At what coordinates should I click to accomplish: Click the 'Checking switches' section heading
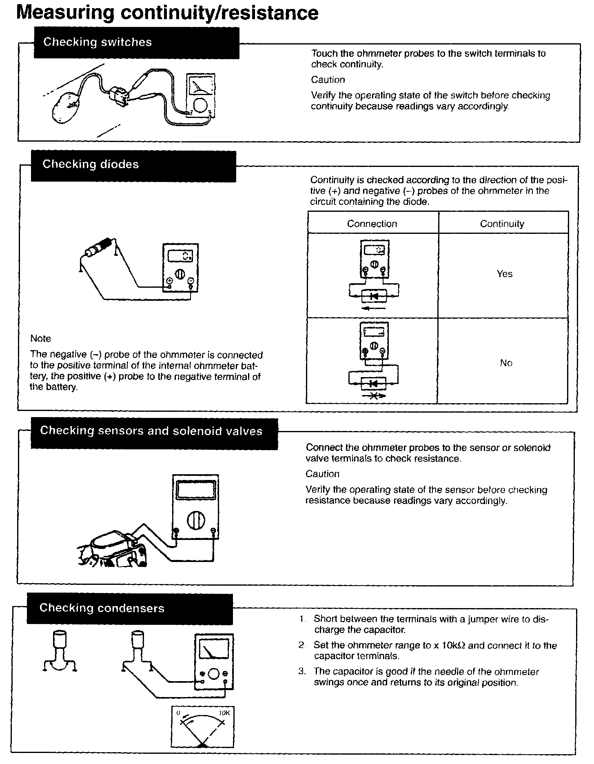(97, 42)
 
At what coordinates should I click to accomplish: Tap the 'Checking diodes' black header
(91, 164)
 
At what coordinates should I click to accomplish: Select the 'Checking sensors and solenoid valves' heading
(151, 431)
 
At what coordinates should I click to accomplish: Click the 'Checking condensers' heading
(102, 608)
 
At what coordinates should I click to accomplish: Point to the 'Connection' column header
(372, 224)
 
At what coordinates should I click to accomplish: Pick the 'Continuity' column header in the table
(502, 224)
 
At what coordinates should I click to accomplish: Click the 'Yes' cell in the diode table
(504, 274)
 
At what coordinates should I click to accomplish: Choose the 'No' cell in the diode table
(506, 363)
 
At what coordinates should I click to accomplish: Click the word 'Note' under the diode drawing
(40, 338)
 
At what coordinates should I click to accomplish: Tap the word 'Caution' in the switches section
(328, 80)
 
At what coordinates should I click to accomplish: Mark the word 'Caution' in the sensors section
(322, 474)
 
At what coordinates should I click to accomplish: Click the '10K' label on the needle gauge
(224, 713)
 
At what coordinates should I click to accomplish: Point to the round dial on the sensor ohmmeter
(195, 520)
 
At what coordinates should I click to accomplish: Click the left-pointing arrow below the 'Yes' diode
(374, 308)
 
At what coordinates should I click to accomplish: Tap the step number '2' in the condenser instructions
(301, 645)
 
